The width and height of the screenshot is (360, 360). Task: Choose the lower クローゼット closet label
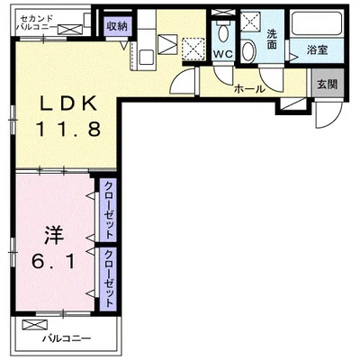[x=108, y=279]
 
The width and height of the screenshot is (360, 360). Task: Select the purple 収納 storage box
[x=115, y=25]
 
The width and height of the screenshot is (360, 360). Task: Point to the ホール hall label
[x=248, y=89]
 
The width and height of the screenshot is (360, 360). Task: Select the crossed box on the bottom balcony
[x=35, y=324]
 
